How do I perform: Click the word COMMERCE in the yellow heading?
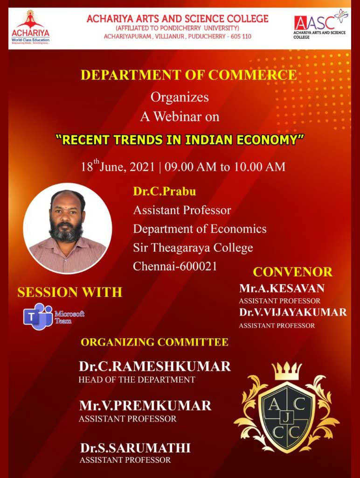(252, 75)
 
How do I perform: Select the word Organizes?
(180, 97)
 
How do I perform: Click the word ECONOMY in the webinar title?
(270, 140)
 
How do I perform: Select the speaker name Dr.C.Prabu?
(165, 191)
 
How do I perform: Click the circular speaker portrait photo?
(67, 229)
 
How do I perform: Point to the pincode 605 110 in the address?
(241, 36)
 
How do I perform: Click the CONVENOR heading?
(293, 272)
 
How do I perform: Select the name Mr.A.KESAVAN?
(282, 288)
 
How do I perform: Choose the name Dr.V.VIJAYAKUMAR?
(293, 312)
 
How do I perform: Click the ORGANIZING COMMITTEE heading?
(155, 342)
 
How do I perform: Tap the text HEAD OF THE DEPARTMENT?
(137, 380)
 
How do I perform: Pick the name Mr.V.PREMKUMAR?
(145, 406)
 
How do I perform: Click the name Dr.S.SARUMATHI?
(135, 448)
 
